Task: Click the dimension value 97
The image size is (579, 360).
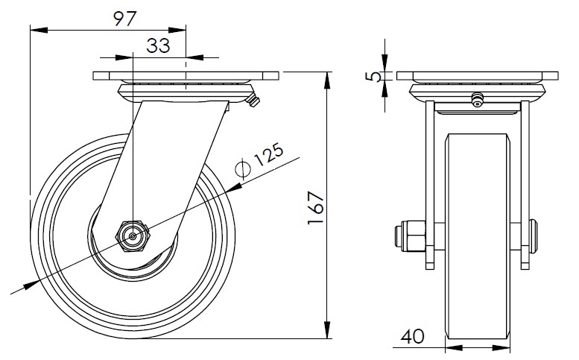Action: [x=125, y=19]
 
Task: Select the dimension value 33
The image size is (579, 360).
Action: [x=159, y=45]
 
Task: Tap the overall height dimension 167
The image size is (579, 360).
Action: [x=316, y=207]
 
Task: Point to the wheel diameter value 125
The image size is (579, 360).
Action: [x=269, y=154]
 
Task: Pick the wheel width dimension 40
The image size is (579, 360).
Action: [x=413, y=336]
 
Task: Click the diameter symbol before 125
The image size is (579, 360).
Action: [x=243, y=168]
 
